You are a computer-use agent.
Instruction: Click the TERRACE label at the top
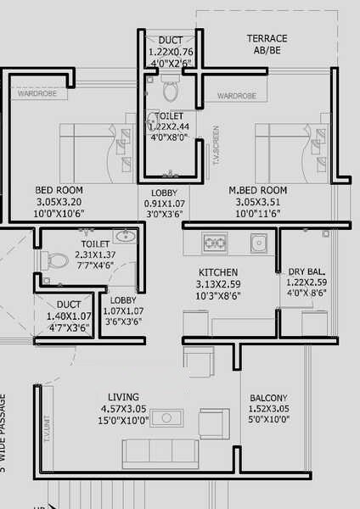point(267,39)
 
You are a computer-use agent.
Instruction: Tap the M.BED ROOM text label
point(257,190)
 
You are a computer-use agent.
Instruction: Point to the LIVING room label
point(124,397)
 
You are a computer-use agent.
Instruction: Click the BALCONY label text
point(268,398)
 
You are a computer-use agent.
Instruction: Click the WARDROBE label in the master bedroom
point(236,97)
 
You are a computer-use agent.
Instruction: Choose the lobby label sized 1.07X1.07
point(124,310)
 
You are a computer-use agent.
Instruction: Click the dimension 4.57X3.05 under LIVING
point(124,408)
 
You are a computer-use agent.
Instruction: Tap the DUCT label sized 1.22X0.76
point(171,51)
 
